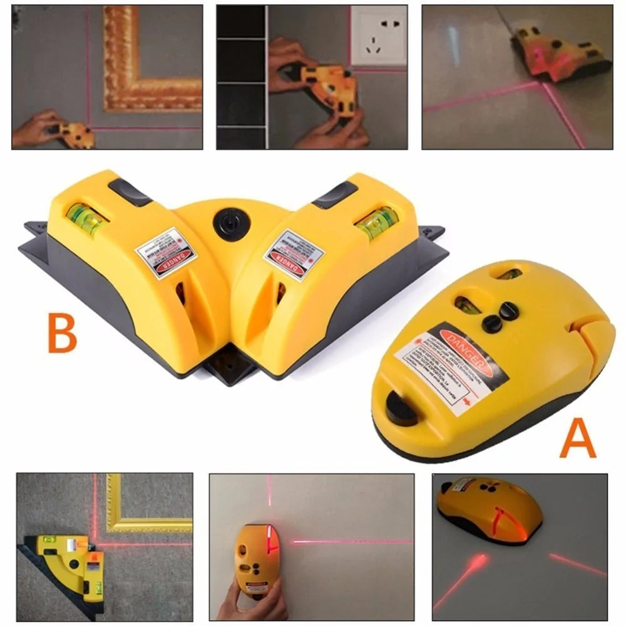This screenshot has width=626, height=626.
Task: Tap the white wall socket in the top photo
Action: tap(378, 36)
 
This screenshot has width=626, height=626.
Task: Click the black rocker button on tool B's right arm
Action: tap(334, 195)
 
